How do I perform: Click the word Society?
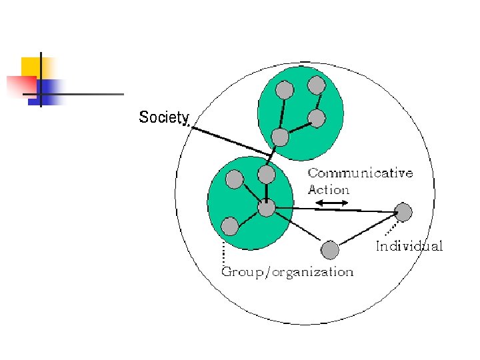pyautogui.click(x=164, y=118)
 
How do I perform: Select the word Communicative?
pyautogui.click(x=360, y=173)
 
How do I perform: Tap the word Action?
pyautogui.click(x=329, y=189)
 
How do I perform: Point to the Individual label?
pyautogui.click(x=409, y=247)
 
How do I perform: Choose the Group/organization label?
pyautogui.click(x=287, y=272)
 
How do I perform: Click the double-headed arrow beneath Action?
pyautogui.click(x=331, y=203)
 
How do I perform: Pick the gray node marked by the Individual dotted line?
pyautogui.click(x=403, y=212)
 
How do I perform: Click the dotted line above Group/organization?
pyautogui.click(x=223, y=253)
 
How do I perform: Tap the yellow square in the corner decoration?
pyautogui.click(x=31, y=66)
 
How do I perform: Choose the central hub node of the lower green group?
pyautogui.click(x=266, y=209)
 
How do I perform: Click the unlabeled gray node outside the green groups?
pyautogui.click(x=329, y=250)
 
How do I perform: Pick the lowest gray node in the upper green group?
pyautogui.click(x=281, y=137)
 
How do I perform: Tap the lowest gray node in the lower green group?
pyautogui.click(x=230, y=227)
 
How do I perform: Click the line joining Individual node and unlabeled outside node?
pyautogui.click(x=366, y=231)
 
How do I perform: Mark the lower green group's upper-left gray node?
pyautogui.click(x=235, y=179)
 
